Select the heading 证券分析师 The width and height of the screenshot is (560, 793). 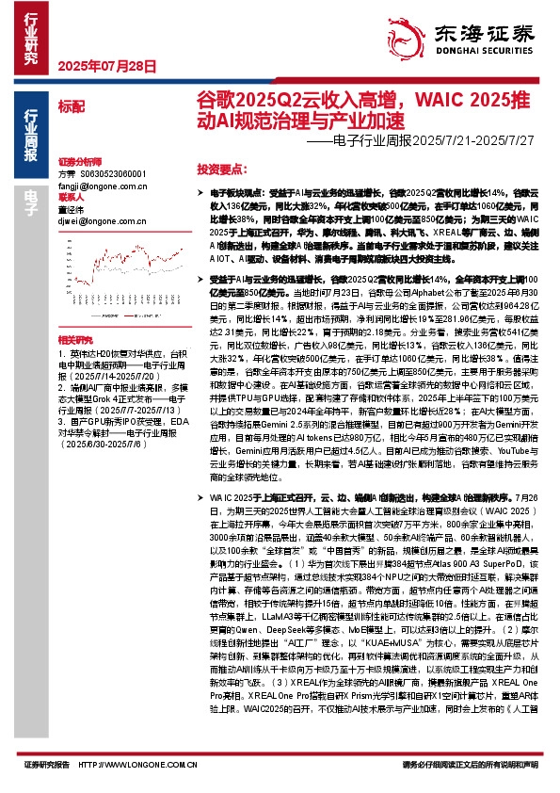(78, 162)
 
